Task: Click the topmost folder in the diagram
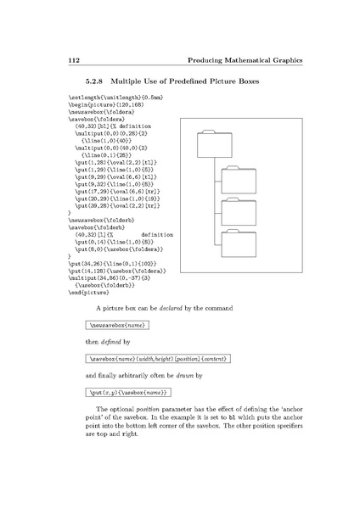(210, 143)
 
